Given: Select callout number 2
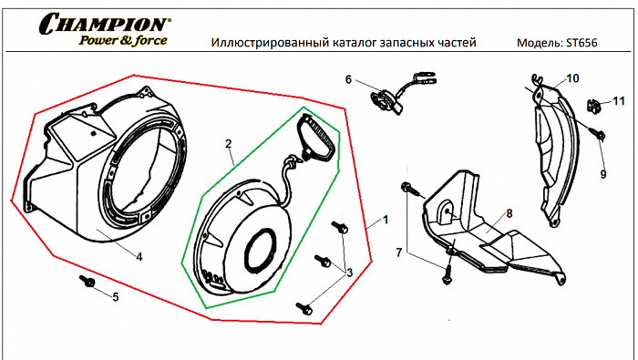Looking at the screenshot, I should coord(229,144).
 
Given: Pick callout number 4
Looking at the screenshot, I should coord(139,256).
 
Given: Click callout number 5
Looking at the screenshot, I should coord(114,296).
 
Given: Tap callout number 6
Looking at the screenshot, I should coord(348,80).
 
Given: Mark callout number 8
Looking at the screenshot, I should coord(509,212).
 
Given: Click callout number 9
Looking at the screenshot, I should coord(602,173).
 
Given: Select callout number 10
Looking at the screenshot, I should coord(572,79).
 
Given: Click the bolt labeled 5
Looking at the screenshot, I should coord(88,283).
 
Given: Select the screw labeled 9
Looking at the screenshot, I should coord(601,135).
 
